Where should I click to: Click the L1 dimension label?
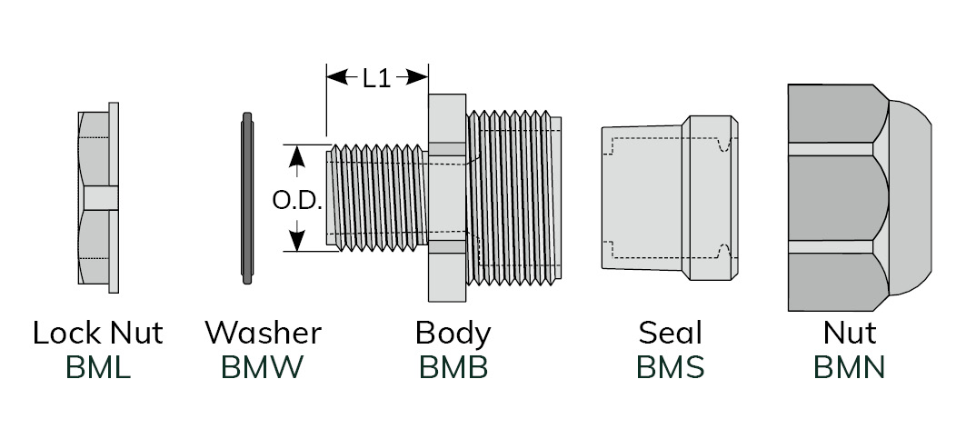[x=376, y=78]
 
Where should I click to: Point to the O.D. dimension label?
[x=297, y=201]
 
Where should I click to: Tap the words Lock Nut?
[x=98, y=333]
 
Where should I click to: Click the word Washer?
[x=263, y=333]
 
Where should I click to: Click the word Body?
[x=453, y=333]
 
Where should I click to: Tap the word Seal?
[x=671, y=333]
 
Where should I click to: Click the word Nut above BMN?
[x=849, y=333]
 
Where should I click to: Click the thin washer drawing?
[x=248, y=197]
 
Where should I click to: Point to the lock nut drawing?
[x=98, y=197]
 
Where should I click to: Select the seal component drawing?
[x=668, y=197]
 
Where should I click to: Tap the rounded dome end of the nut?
[x=909, y=197]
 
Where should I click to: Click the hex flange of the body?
[x=446, y=197]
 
